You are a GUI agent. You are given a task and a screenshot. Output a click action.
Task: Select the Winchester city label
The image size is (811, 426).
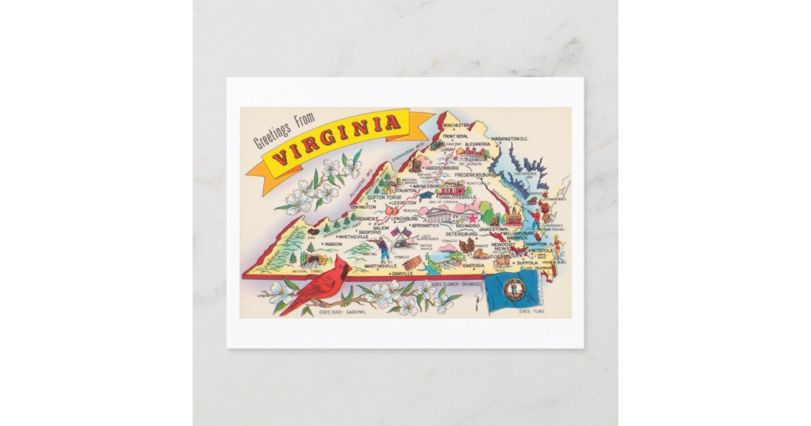pos(456,126)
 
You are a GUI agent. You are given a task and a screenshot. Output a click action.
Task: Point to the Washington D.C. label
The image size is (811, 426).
pos(510,139)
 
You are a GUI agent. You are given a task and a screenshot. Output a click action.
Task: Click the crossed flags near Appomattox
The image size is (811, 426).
pos(401,233)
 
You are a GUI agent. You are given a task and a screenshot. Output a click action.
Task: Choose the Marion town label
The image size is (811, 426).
pos(333,245)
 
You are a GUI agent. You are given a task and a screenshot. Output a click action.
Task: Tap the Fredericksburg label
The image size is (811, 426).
pos(476,174)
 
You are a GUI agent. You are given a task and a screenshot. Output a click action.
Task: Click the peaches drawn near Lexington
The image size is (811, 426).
pos(393,210)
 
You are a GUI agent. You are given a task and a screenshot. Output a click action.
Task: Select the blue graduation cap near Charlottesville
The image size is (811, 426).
pos(426,195)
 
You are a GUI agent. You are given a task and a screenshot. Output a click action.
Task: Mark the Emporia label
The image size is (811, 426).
pos(473,266)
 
